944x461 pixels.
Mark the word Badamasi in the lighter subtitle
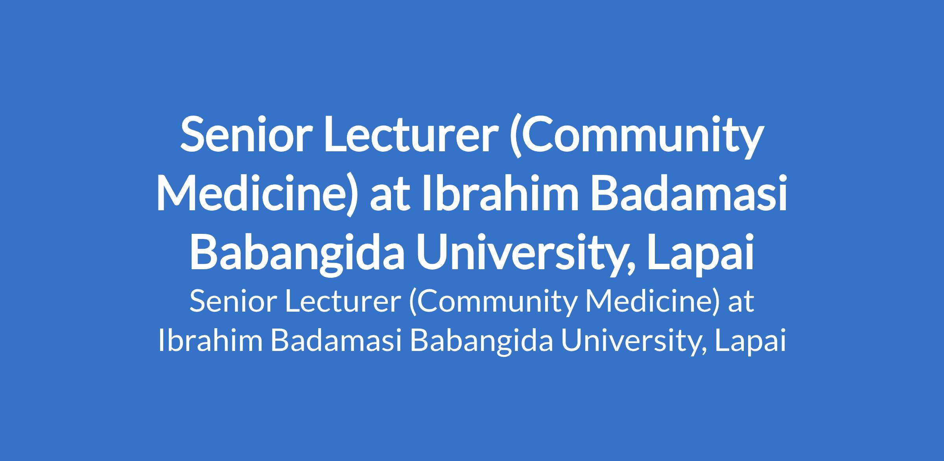[x=337, y=341]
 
